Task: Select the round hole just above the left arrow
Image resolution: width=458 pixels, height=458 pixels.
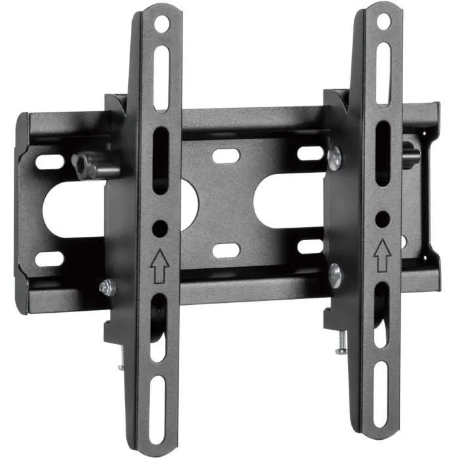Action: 159,229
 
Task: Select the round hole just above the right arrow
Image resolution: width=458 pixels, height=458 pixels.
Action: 383,218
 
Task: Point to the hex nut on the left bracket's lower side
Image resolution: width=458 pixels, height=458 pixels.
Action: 107,286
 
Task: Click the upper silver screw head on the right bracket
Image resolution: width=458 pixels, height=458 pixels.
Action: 334,158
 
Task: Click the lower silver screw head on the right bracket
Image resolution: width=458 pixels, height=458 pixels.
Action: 334,275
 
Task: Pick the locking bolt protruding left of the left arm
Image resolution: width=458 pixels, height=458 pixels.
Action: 92,165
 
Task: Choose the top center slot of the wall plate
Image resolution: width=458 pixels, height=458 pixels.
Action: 225,156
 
